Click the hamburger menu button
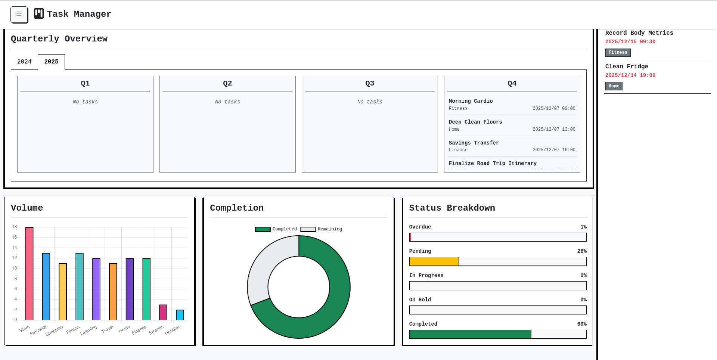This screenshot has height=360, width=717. coord(19,14)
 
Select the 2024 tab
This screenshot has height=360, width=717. coord(24,62)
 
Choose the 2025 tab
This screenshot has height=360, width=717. coord(51,62)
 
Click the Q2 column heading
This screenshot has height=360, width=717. coord(227,83)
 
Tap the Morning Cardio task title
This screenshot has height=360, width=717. coord(471,101)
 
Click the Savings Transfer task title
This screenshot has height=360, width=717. coord(474,143)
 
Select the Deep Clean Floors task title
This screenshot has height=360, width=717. coord(475,122)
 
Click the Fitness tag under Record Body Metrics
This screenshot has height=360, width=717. coord(618,53)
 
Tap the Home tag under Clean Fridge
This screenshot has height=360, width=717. coord(614,86)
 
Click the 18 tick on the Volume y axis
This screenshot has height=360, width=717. coord(15,227)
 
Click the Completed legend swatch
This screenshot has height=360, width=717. coord(263,229)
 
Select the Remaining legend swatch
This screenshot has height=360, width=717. coord(308,229)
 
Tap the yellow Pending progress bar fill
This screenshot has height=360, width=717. coord(434,261)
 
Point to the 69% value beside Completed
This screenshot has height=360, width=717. coord(582,324)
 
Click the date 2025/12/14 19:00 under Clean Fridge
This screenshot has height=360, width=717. coord(630,75)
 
